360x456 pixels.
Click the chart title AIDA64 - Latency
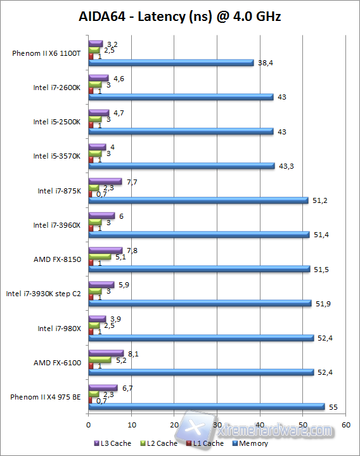pos(180,16)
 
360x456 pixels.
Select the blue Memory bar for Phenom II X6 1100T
pos(170,63)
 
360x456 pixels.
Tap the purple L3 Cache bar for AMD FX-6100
pos(106,353)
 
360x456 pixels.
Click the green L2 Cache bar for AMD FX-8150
pos(100,256)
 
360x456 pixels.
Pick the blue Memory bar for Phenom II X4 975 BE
pos(206,407)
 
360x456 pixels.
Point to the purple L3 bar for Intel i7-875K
pos(105,181)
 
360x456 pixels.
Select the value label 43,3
pos(285,166)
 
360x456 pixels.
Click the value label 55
pos(333,407)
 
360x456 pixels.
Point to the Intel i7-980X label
pos(59,328)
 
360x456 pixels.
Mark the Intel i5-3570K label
pos(58,156)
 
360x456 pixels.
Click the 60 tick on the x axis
pos(345,424)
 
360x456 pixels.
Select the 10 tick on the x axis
pos(131,424)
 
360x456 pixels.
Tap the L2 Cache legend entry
pos(159,443)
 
